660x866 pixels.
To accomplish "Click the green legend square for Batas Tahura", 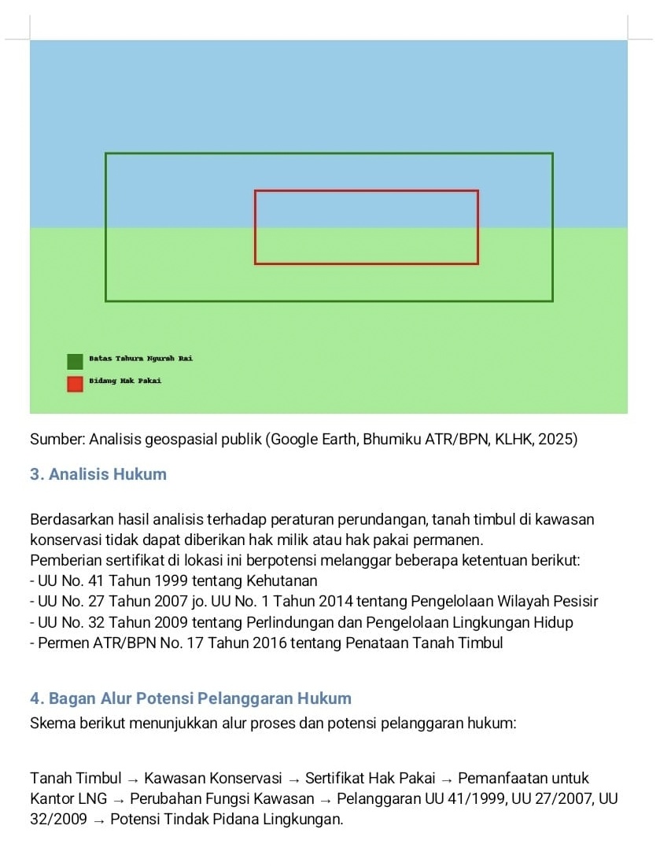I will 75,361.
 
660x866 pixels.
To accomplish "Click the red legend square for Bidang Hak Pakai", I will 75,384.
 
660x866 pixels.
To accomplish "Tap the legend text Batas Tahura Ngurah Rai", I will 141,359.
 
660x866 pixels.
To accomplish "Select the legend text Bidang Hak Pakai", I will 125,381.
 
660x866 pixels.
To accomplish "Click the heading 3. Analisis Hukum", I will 98,474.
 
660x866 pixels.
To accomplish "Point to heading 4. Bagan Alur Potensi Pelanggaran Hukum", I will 190,698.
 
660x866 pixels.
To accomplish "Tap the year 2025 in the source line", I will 560,440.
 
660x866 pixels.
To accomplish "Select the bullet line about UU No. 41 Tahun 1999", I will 173,581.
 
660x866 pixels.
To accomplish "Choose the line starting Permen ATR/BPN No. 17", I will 266,643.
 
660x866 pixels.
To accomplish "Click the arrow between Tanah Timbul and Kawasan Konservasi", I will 133,779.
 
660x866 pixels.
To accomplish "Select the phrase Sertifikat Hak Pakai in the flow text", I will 370,779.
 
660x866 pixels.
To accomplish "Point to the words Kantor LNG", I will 68,799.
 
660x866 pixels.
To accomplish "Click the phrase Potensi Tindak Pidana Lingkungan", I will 227,820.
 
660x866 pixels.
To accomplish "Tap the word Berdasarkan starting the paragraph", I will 71,520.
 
